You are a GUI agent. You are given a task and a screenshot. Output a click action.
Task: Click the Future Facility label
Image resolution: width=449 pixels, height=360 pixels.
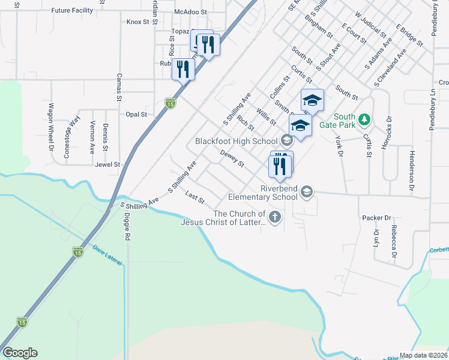point(72,11)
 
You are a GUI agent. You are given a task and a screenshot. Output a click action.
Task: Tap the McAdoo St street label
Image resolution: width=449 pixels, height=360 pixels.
point(190,11)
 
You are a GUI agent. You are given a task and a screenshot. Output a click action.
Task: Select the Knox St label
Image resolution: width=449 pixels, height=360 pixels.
point(137,22)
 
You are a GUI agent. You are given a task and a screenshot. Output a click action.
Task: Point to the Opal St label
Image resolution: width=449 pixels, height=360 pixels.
point(136,114)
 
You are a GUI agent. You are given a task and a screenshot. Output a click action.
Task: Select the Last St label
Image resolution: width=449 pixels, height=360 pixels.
point(195,196)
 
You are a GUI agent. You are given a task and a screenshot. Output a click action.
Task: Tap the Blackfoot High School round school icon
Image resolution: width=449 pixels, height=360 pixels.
point(286,141)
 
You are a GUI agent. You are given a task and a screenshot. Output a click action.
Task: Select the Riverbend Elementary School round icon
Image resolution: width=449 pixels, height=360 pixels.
point(307,191)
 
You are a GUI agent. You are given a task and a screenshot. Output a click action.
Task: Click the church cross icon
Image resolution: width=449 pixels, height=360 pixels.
point(274,217)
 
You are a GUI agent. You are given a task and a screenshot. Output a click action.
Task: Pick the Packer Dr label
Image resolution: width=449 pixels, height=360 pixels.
point(376,218)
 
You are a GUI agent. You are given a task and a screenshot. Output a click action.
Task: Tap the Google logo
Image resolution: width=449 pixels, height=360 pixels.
point(20,353)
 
